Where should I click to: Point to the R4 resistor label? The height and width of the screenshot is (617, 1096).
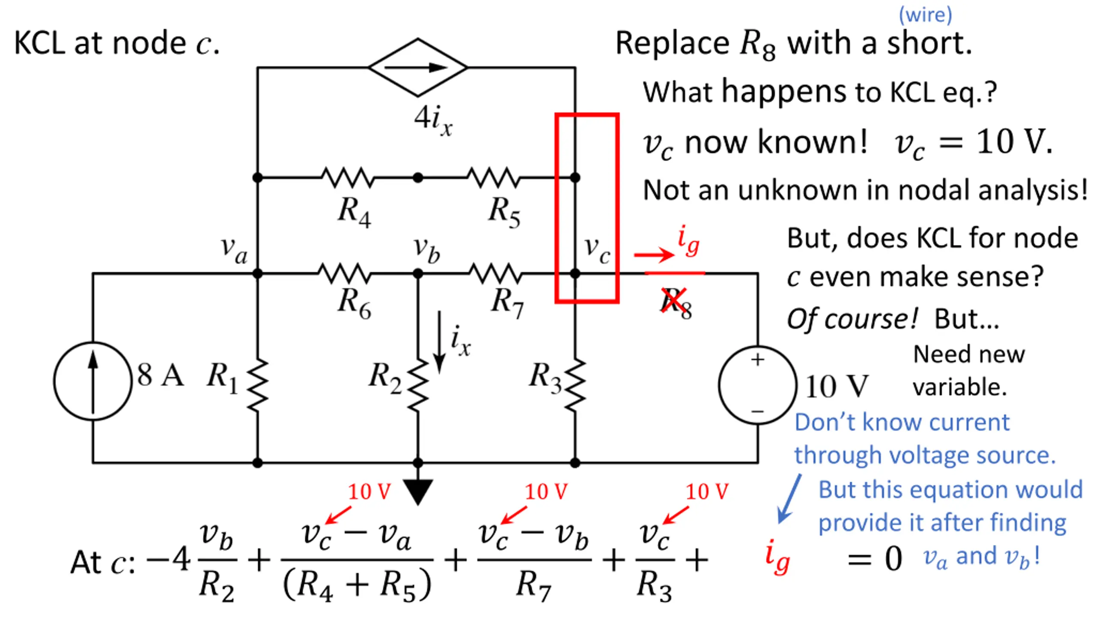354,212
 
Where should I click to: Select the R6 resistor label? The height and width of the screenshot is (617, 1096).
354,303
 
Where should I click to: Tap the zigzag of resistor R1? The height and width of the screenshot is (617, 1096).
257,386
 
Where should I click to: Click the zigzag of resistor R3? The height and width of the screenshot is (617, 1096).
575,386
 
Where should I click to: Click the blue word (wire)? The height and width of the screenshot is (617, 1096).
925,15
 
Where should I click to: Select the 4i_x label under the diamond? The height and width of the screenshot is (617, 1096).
433,120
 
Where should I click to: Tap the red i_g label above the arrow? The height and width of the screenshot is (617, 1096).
688,241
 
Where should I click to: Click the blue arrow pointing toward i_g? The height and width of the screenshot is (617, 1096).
789,499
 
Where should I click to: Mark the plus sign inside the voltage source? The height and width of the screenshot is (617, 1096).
757,359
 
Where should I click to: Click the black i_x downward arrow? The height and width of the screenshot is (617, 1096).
439,342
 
